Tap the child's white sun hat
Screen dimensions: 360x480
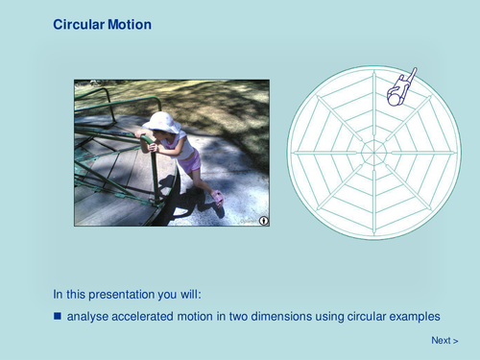coord(160,122)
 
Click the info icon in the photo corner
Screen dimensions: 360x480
coord(263,220)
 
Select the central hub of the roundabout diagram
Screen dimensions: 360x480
coord(373,152)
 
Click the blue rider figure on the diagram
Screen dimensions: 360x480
coord(398,87)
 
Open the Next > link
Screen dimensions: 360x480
coord(444,340)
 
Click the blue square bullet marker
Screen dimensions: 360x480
coord(58,315)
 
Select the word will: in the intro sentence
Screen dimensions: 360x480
coord(188,294)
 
